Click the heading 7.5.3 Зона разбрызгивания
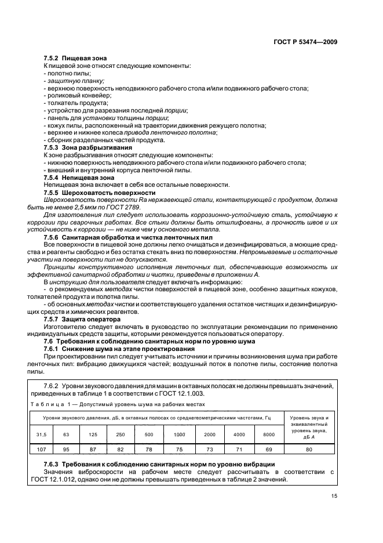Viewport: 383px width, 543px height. tap(85, 147)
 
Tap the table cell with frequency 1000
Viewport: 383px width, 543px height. tap(180, 434)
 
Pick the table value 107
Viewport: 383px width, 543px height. tap(41, 449)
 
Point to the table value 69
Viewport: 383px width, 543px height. tap(268, 449)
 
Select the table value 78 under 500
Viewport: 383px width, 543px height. tap(148, 449)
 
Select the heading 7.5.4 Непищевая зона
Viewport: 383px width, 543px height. tap(79, 177)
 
